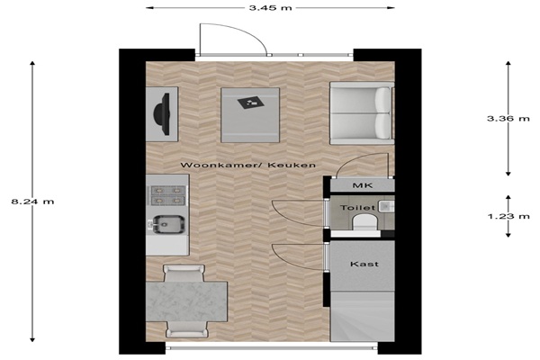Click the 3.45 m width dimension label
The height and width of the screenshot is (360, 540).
tap(271, 7)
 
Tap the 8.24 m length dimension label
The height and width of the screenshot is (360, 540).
tap(32, 202)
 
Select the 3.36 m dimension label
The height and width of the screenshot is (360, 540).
tap(508, 119)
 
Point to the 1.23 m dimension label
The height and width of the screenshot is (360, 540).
tap(508, 216)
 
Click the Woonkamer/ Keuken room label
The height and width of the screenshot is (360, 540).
tap(248, 165)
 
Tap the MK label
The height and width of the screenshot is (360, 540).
tap(363, 185)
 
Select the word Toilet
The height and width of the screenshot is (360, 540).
tap(357, 208)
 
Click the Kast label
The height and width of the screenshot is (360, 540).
tap(364, 264)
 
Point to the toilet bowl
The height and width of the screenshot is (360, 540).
tap(364, 221)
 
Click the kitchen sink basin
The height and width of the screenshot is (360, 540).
tap(169, 225)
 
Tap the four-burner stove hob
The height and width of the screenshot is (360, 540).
tap(168, 195)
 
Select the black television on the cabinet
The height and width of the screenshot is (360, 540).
tap(162, 113)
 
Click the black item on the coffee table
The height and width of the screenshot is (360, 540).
tap(251, 102)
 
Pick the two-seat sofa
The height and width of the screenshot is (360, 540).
tap(362, 113)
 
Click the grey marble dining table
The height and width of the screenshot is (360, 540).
tap(186, 301)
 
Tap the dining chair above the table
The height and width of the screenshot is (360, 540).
tap(184, 274)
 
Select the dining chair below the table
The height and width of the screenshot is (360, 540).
tap(187, 329)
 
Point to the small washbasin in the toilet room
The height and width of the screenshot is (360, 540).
tap(386, 206)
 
